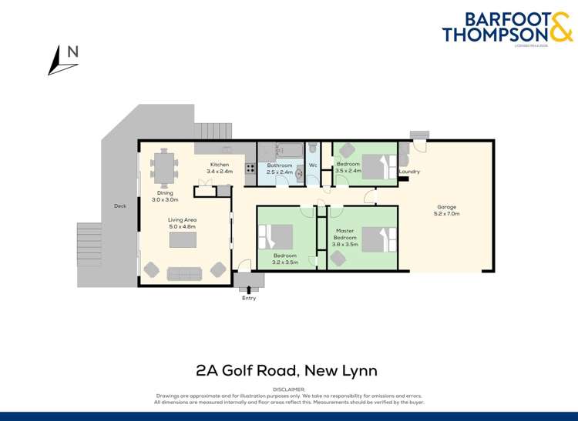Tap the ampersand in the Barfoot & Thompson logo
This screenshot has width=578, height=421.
pyautogui.click(x=560, y=29)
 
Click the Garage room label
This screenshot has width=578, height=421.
pyautogui.click(x=447, y=206)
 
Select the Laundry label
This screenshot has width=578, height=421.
pyautogui.click(x=409, y=172)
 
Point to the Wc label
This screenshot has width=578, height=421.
pyautogui.click(x=313, y=165)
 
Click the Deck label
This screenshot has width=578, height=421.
pyautogui.click(x=119, y=205)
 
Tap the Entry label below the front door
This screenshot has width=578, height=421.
pyautogui.click(x=248, y=298)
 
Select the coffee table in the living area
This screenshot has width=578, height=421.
pyautogui.click(x=183, y=239)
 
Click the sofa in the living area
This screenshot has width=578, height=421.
pyautogui.click(x=184, y=272)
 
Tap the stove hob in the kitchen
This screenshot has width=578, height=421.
pyautogui.click(x=250, y=168)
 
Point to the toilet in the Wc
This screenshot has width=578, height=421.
pyautogui.click(x=313, y=148)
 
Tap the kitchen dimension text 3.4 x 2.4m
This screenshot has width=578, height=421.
pyautogui.click(x=220, y=172)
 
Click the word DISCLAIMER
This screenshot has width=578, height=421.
pyautogui.click(x=289, y=390)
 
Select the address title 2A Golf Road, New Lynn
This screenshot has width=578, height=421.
pyautogui.click(x=287, y=371)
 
